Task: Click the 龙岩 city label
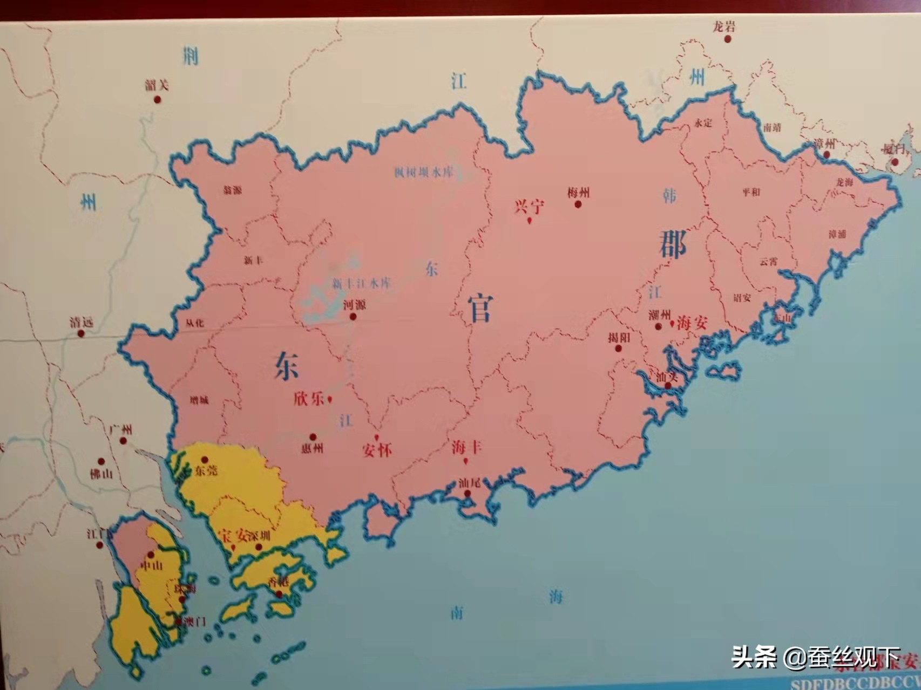tap(724, 26)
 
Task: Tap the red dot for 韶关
tap(157, 100)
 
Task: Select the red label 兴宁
tap(529, 207)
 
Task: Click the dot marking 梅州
tap(578, 204)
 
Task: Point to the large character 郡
tap(673, 244)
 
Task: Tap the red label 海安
tap(692, 323)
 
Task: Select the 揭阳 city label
tap(619, 338)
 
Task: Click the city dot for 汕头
tap(668, 386)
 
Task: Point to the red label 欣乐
tap(309, 399)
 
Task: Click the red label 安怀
tap(377, 450)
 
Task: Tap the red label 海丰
tap(466, 447)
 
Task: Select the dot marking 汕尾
tap(468, 493)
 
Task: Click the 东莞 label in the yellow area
tap(207, 470)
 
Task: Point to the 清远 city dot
tap(81, 333)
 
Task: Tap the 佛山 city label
tap(101, 474)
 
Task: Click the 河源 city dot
tap(353, 317)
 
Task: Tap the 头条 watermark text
tap(754, 657)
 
